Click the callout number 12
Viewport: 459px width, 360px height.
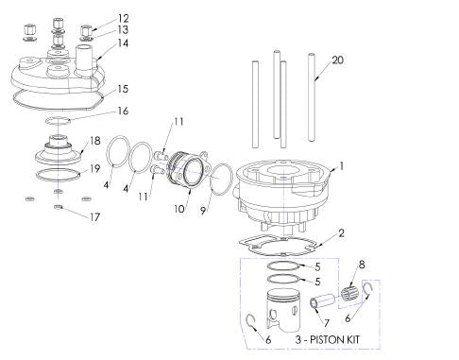click(124, 18)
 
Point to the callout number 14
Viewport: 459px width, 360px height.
click(124, 43)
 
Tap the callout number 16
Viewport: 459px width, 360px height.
click(124, 111)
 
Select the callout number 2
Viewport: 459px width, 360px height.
click(341, 231)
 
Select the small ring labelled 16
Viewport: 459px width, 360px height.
click(59, 122)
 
